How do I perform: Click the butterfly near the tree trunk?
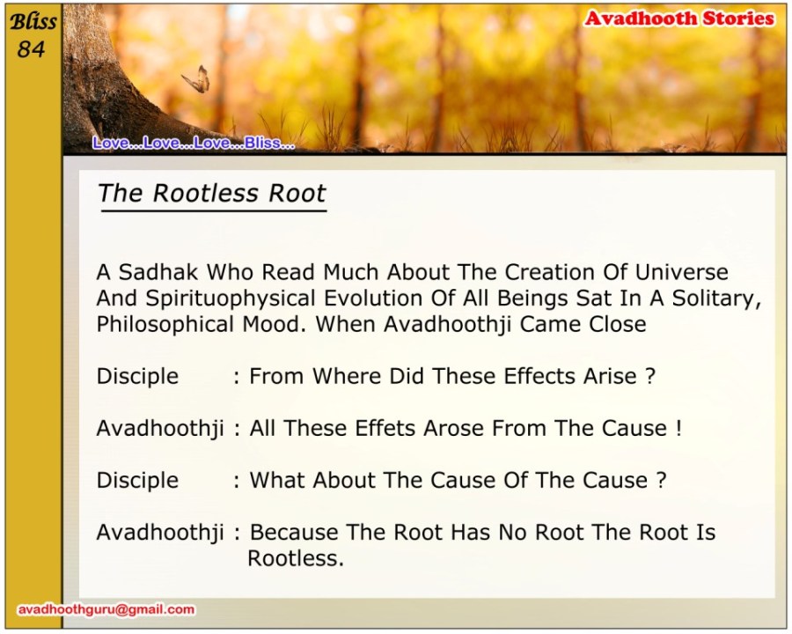[x=196, y=79]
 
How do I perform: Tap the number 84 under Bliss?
[x=31, y=49]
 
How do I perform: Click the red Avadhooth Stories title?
[x=679, y=18]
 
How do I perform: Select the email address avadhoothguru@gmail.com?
[x=106, y=609]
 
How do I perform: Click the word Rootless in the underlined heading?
[x=206, y=193]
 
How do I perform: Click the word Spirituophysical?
[x=231, y=299]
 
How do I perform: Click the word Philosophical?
[x=165, y=325]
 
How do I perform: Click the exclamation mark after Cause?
[x=678, y=428]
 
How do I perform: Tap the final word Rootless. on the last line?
[x=296, y=558]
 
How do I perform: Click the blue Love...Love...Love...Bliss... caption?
[x=194, y=143]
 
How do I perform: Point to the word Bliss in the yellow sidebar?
[x=33, y=22]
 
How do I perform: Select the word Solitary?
[x=716, y=299]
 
